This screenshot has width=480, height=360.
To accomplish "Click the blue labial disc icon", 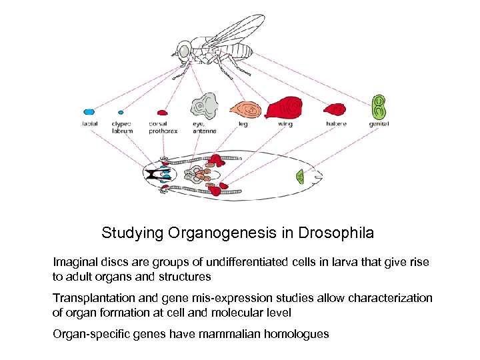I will pyautogui.click(x=89, y=112).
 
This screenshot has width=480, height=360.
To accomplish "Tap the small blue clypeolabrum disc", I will pyautogui.click(x=121, y=112).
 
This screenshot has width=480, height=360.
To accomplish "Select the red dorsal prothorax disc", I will pyautogui.click(x=161, y=113).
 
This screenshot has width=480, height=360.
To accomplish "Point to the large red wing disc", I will pyautogui.click(x=285, y=107).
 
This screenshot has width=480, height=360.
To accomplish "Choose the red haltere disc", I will pyautogui.click(x=335, y=109).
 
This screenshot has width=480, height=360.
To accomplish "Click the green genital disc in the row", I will pyautogui.click(x=379, y=106).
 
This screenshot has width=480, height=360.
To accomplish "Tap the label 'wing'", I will pyautogui.click(x=285, y=124).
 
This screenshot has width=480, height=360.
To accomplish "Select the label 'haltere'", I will pyautogui.click(x=335, y=124).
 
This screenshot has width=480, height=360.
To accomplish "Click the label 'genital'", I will pyautogui.click(x=379, y=124).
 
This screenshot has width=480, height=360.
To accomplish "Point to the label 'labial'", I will pyautogui.click(x=89, y=124).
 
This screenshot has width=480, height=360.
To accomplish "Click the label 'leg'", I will pyautogui.click(x=243, y=124).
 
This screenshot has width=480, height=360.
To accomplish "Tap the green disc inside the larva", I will pyautogui.click(x=301, y=177).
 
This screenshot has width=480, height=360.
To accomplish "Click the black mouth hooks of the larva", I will pyautogui.click(x=154, y=175).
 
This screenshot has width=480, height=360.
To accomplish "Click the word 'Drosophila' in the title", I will pyautogui.click(x=337, y=233).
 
